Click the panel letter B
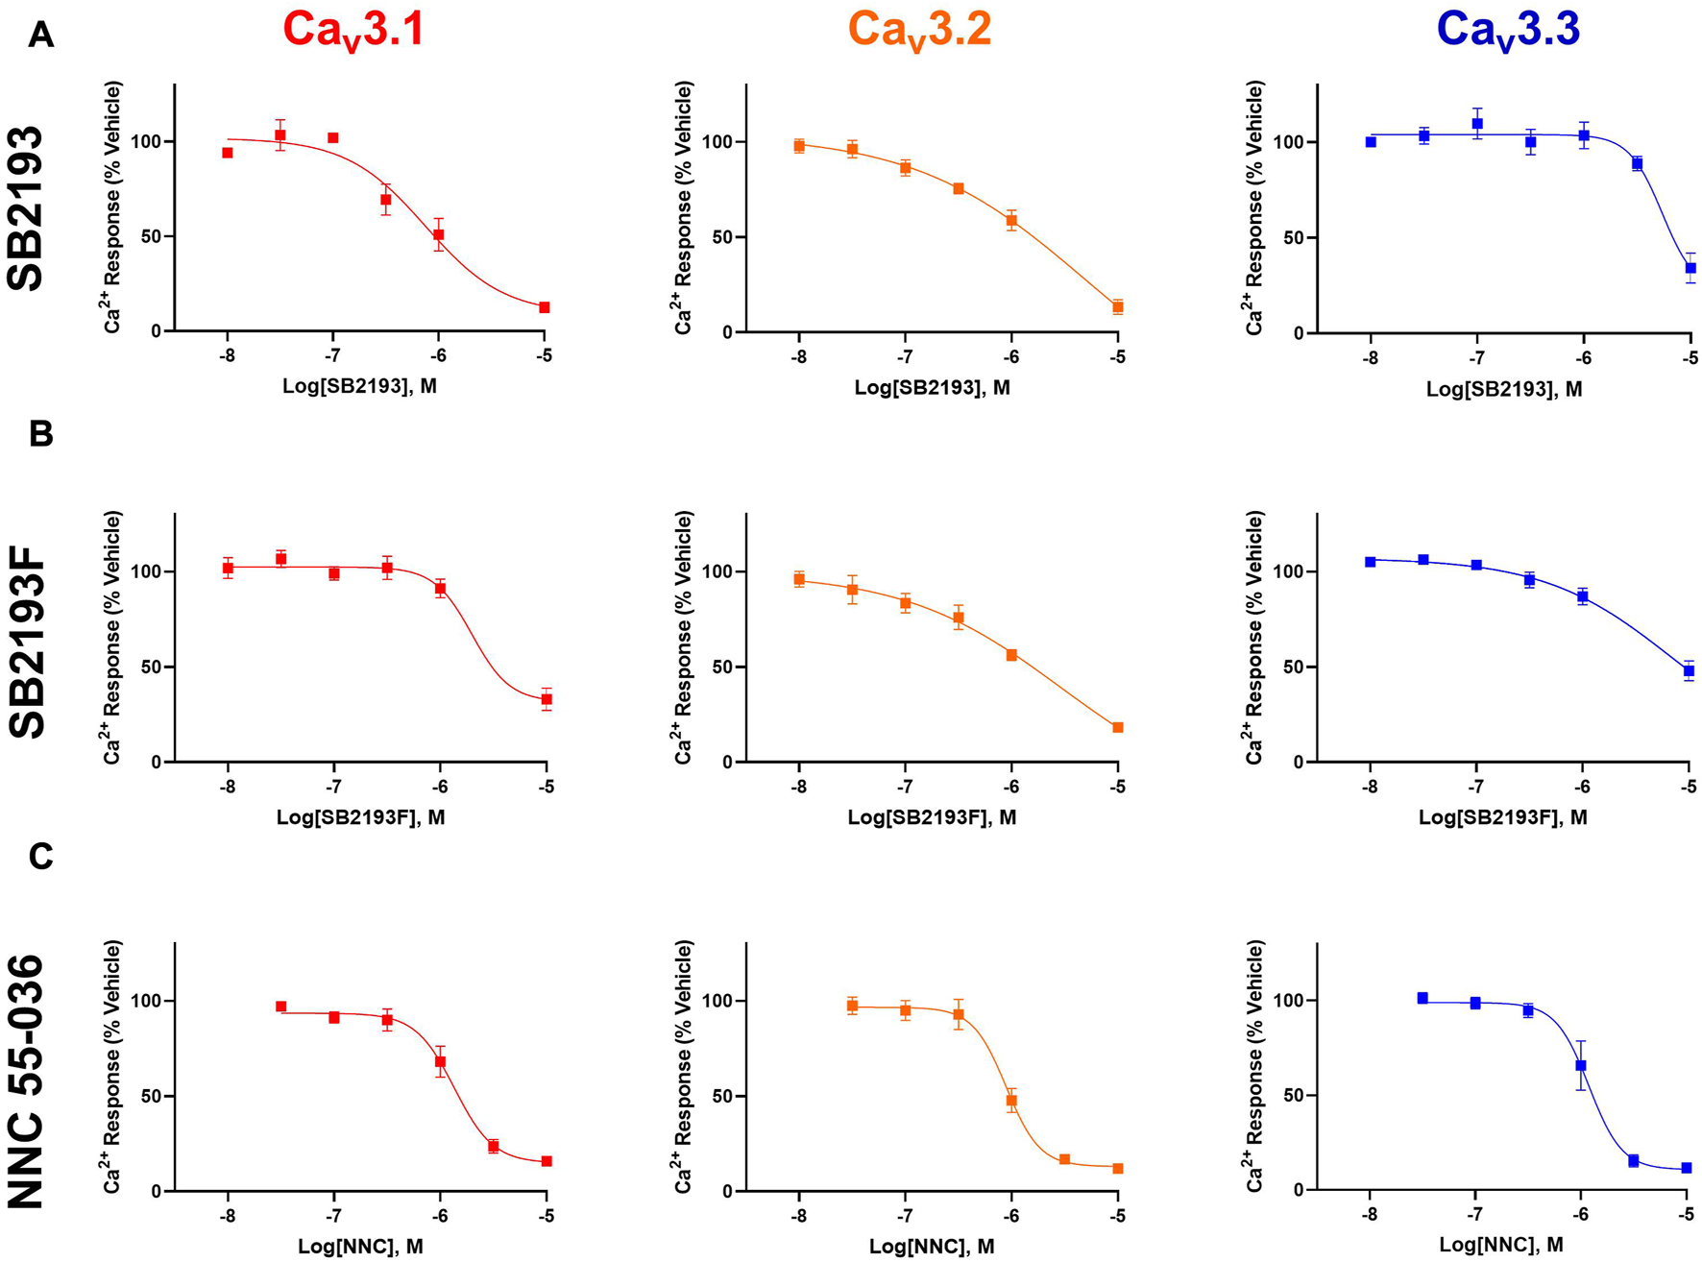[x=40, y=434]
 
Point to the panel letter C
[x=40, y=856]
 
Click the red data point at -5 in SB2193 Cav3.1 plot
[x=545, y=307]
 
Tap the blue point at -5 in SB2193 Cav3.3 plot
[x=1690, y=268]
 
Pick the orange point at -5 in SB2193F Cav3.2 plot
[x=1118, y=728]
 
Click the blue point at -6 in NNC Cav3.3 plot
[x=1580, y=1065]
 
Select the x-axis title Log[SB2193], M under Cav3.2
[x=932, y=388]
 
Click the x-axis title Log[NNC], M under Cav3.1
[x=360, y=1247]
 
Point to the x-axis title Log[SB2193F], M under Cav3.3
[x=1502, y=817]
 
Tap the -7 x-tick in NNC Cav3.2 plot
[x=904, y=1216]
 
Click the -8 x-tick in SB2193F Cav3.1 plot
[x=228, y=787]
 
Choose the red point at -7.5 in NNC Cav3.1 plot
[x=280, y=1007]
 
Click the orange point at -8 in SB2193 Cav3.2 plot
[x=799, y=146]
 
